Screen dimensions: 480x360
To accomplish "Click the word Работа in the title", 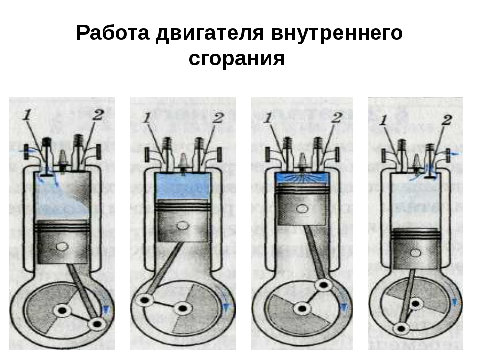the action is [113, 33].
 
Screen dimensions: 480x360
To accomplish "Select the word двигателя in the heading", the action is [210, 33].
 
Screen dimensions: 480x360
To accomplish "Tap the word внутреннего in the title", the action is [337, 33].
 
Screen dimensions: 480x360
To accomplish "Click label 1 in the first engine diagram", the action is [27, 115].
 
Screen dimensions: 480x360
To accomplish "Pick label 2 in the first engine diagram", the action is [98, 115].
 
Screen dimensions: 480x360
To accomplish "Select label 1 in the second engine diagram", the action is [147, 118].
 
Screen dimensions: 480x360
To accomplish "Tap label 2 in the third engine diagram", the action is [336, 118].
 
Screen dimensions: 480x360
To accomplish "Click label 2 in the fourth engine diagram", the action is [447, 120].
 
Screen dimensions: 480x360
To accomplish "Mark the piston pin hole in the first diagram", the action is [63, 246].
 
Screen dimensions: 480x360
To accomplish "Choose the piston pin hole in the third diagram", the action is [303, 209].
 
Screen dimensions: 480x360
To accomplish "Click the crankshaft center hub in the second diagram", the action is [183, 308].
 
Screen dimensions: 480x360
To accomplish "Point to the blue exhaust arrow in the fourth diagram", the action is [454, 153].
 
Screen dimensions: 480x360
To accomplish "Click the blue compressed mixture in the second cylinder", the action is [183, 186].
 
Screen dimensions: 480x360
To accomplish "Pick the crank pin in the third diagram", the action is [324, 285].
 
